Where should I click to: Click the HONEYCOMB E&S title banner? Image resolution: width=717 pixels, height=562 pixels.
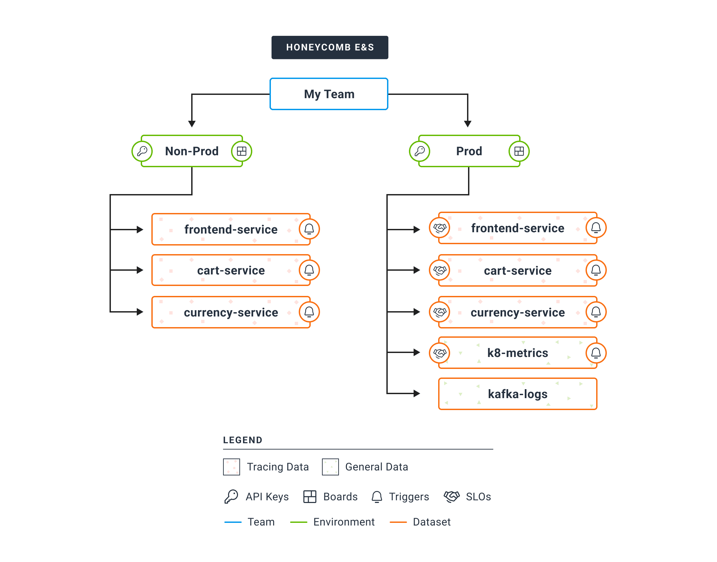tap(330, 47)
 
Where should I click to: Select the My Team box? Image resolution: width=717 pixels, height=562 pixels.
tap(329, 94)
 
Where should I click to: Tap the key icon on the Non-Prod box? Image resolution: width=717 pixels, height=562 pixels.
tap(142, 151)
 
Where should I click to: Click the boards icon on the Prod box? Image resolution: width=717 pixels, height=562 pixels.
tap(519, 151)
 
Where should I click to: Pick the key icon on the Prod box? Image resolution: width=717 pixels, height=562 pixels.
tap(420, 151)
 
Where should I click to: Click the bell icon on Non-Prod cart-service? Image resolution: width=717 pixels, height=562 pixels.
tap(309, 270)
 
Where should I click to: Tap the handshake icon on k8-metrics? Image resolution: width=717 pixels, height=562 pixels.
tap(439, 353)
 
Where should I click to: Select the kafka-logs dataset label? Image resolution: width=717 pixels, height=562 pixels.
tap(518, 394)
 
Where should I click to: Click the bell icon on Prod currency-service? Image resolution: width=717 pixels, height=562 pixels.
tap(596, 312)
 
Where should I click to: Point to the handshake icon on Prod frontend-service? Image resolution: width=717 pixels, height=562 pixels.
tap(439, 228)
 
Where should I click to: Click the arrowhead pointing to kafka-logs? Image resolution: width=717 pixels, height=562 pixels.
tap(417, 393)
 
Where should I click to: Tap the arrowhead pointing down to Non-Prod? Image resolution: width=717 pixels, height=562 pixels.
tap(192, 124)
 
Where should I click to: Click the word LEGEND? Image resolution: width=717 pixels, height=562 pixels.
tap(243, 440)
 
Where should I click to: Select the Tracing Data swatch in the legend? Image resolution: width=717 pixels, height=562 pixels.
tap(231, 467)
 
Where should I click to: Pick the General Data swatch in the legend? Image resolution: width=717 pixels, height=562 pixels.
tap(330, 467)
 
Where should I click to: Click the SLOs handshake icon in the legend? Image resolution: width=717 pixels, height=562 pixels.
tap(451, 497)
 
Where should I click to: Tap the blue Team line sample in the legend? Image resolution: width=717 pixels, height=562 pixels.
tap(233, 522)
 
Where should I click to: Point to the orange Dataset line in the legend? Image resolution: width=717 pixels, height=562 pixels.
tap(398, 522)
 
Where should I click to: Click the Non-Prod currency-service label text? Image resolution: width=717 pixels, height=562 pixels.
tap(231, 313)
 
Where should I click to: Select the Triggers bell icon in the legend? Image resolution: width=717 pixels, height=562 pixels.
tap(377, 497)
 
